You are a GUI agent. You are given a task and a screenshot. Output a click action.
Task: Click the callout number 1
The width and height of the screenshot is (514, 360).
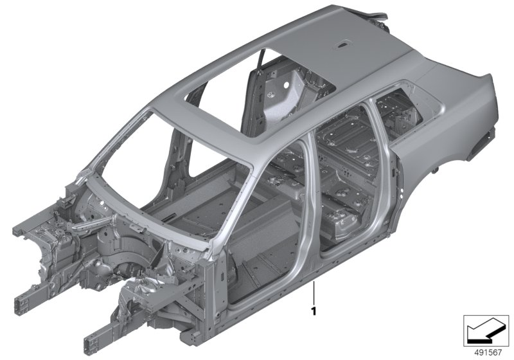(314, 310)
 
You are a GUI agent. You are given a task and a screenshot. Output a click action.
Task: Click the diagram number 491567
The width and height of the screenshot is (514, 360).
(488, 353)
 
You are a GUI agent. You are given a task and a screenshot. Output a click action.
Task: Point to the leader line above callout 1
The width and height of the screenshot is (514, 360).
(314, 293)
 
